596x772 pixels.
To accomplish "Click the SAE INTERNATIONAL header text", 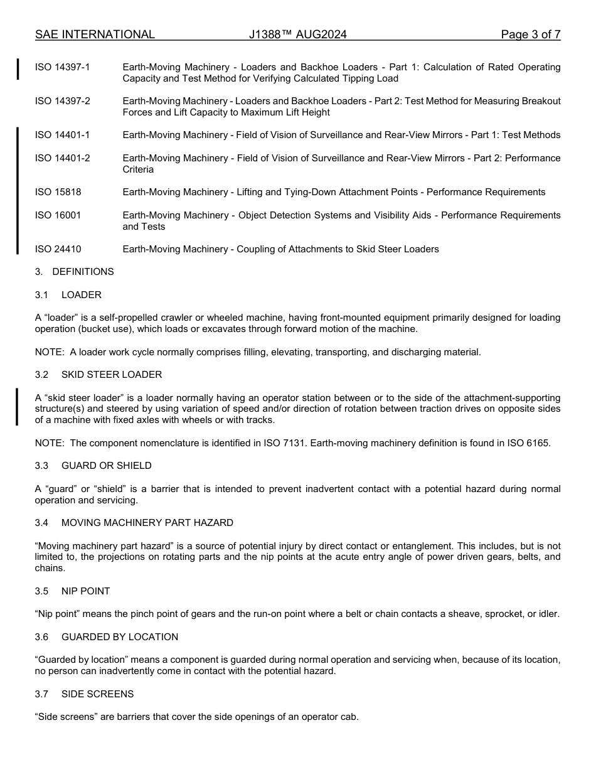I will click(95, 35).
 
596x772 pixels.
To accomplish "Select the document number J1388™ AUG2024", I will click(297, 35).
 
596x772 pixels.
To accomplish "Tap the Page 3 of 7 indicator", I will click(530, 35).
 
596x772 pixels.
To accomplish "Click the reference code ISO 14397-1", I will click(62, 67).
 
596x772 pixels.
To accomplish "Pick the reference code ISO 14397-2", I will click(62, 101).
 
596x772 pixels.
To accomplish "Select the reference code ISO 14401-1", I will click(62, 135).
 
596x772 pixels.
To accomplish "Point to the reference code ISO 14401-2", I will click(62, 158).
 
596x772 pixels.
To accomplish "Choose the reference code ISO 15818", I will click(58, 192).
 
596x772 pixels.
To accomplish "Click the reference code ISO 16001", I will click(58, 215).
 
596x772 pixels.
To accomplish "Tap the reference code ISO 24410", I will click(58, 249).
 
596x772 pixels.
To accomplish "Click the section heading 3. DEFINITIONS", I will click(75, 272).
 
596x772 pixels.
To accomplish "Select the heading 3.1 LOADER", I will click(68, 295).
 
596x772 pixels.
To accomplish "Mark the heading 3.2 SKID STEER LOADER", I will click(98, 375).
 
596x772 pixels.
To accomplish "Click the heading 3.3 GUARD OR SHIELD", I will click(93, 466).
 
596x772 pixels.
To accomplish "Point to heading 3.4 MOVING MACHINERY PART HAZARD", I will click(134, 523).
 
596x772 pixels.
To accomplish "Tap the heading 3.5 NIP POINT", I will click(73, 591).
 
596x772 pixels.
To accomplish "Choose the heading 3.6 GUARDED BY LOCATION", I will click(107, 637).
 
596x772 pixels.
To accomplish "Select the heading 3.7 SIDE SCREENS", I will click(84, 694).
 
